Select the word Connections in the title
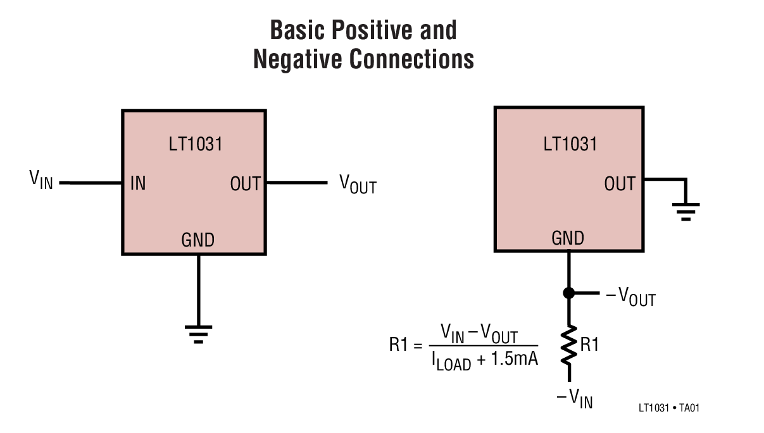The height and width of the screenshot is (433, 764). pos(412,59)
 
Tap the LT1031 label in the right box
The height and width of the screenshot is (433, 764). pos(570,144)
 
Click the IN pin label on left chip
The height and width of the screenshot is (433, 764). pos(137,184)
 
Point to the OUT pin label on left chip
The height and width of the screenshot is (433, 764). pos(245,184)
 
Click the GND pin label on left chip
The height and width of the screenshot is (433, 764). pos(198,240)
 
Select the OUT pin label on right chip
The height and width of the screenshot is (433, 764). pos(619,184)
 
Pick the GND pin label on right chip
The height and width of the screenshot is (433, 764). pos(568,238)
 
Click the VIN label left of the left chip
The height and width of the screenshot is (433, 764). pos(41,180)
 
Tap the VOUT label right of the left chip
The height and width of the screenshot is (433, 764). pos(358,184)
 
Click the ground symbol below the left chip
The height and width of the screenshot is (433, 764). pos(198,333)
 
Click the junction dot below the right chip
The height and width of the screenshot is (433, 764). pos(568,293)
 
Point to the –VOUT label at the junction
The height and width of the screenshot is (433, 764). pos(630,296)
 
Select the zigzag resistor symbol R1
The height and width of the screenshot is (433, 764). pos(568,345)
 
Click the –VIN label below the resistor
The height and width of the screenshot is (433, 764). pos(575,399)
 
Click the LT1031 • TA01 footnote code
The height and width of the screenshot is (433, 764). pos(668,408)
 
